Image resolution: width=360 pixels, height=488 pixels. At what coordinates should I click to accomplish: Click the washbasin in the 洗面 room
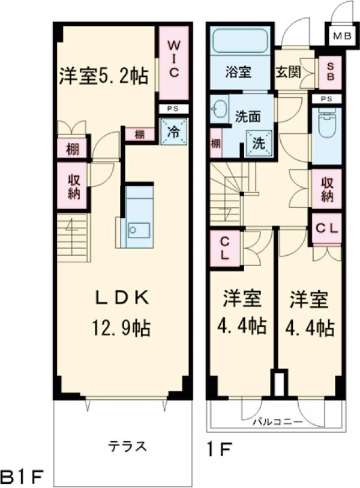[220, 110]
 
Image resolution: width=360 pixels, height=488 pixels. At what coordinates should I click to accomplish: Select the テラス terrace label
[127, 446]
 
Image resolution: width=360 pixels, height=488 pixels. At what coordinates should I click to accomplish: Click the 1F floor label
[217, 448]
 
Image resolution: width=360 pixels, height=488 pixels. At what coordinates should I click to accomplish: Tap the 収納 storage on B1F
[73, 187]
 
